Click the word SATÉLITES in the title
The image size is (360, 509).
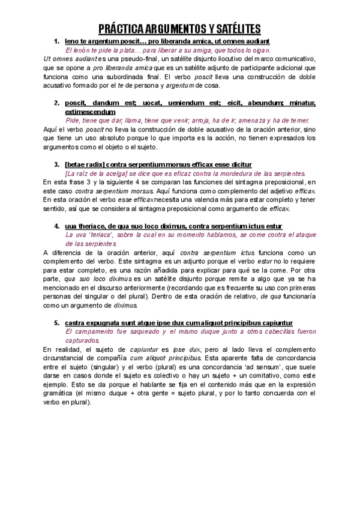(228, 28)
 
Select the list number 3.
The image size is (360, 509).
(56, 164)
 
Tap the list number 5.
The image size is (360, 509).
(56, 322)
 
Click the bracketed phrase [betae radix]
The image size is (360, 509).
(84, 164)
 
